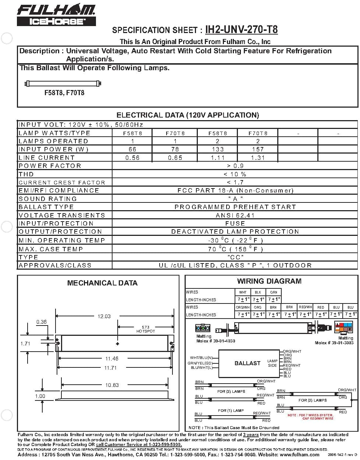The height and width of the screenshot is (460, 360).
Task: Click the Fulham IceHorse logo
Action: coord(56,15)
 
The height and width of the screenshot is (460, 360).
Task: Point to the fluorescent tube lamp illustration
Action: coord(63,84)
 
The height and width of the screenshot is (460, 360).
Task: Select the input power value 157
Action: coord(258,149)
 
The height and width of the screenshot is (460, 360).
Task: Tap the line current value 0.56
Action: coord(132,158)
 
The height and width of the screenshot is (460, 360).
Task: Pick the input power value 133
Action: coord(218,149)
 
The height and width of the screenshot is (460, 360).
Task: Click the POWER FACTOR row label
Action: coord(50,166)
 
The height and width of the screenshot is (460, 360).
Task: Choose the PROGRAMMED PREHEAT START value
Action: coord(235,207)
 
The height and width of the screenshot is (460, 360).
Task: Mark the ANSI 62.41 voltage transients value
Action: coord(235,215)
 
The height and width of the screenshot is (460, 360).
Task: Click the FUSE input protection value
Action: coord(235,223)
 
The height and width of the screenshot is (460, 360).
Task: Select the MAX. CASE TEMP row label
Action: coord(51,249)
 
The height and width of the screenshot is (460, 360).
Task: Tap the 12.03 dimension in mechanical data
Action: coord(104,316)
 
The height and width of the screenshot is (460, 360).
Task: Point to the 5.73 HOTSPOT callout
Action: coord(146,329)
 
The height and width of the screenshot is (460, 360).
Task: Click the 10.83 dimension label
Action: coord(112,385)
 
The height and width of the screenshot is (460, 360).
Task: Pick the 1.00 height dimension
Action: coord(40,396)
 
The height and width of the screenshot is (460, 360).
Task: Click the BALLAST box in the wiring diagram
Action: coord(247,363)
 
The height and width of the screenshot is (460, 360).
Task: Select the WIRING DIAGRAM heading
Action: coord(269,281)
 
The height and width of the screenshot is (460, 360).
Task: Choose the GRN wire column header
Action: coord(273,292)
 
